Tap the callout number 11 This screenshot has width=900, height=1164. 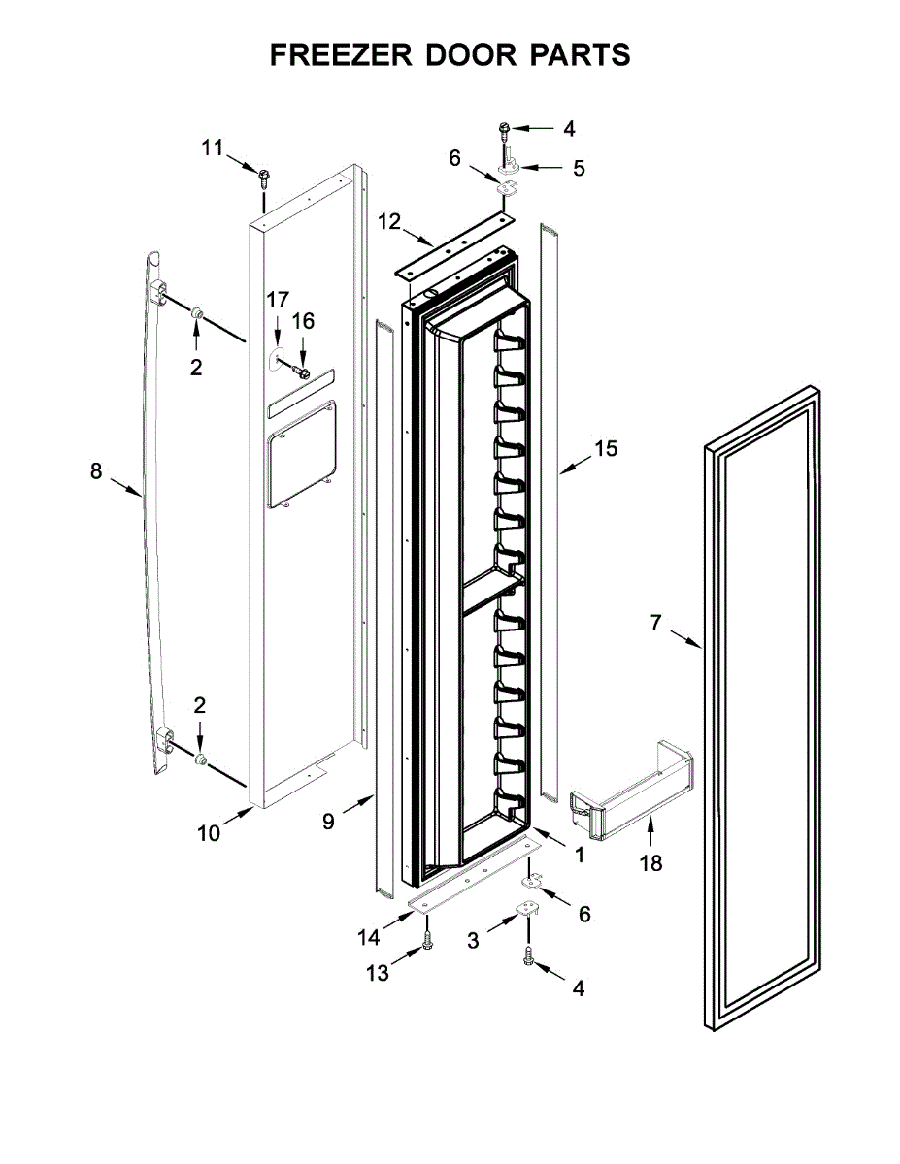click(213, 147)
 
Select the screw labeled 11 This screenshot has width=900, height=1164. click(263, 176)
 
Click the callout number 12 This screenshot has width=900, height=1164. click(388, 222)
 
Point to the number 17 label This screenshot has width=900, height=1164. click(279, 299)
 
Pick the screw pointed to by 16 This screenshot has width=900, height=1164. click(302, 372)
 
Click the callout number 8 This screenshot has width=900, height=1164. click(95, 471)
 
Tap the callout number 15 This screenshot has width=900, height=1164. click(606, 448)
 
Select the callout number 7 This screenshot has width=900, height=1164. click(655, 623)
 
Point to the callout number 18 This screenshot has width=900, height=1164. click(651, 862)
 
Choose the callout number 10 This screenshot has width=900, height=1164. click(209, 831)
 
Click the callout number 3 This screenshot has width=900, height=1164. click(473, 940)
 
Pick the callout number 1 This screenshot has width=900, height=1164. click(579, 856)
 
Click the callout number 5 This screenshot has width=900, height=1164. click(579, 168)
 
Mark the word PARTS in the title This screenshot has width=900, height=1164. click(580, 55)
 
